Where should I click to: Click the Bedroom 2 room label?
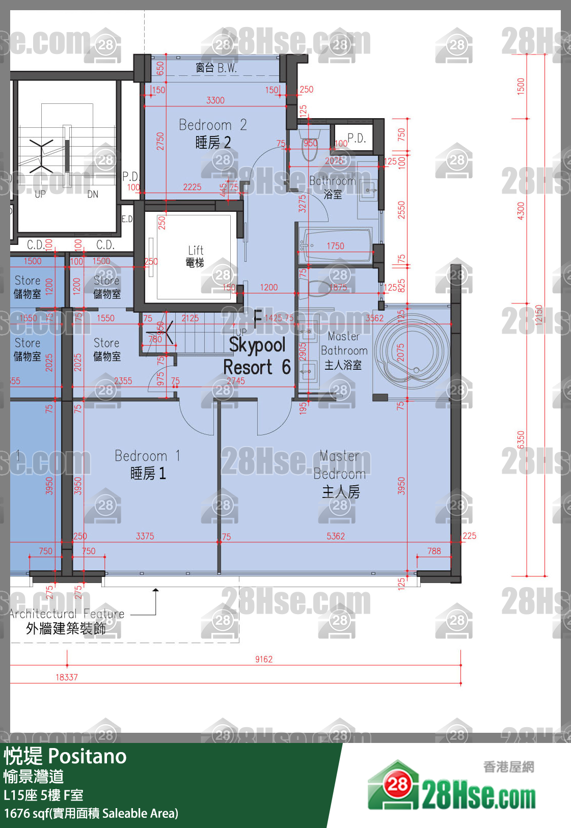tap(212, 133)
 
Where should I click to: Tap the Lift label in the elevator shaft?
tap(196, 256)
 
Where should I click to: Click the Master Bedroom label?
tap(340, 474)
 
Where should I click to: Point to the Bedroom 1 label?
tap(148, 464)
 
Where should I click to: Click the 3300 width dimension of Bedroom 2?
tap(215, 100)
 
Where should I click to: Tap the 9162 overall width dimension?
tap(264, 659)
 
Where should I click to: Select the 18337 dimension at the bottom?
tap(67, 677)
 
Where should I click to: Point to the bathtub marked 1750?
tap(336, 246)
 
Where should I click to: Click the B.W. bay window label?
tap(216, 68)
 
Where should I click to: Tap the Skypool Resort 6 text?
tap(257, 356)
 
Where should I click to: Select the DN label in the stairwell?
tap(93, 194)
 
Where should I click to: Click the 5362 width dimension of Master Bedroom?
tap(336, 536)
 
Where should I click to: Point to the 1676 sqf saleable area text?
tap(91, 813)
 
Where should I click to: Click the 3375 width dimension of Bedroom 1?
tap(145, 536)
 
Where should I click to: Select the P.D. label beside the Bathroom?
tap(357, 138)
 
